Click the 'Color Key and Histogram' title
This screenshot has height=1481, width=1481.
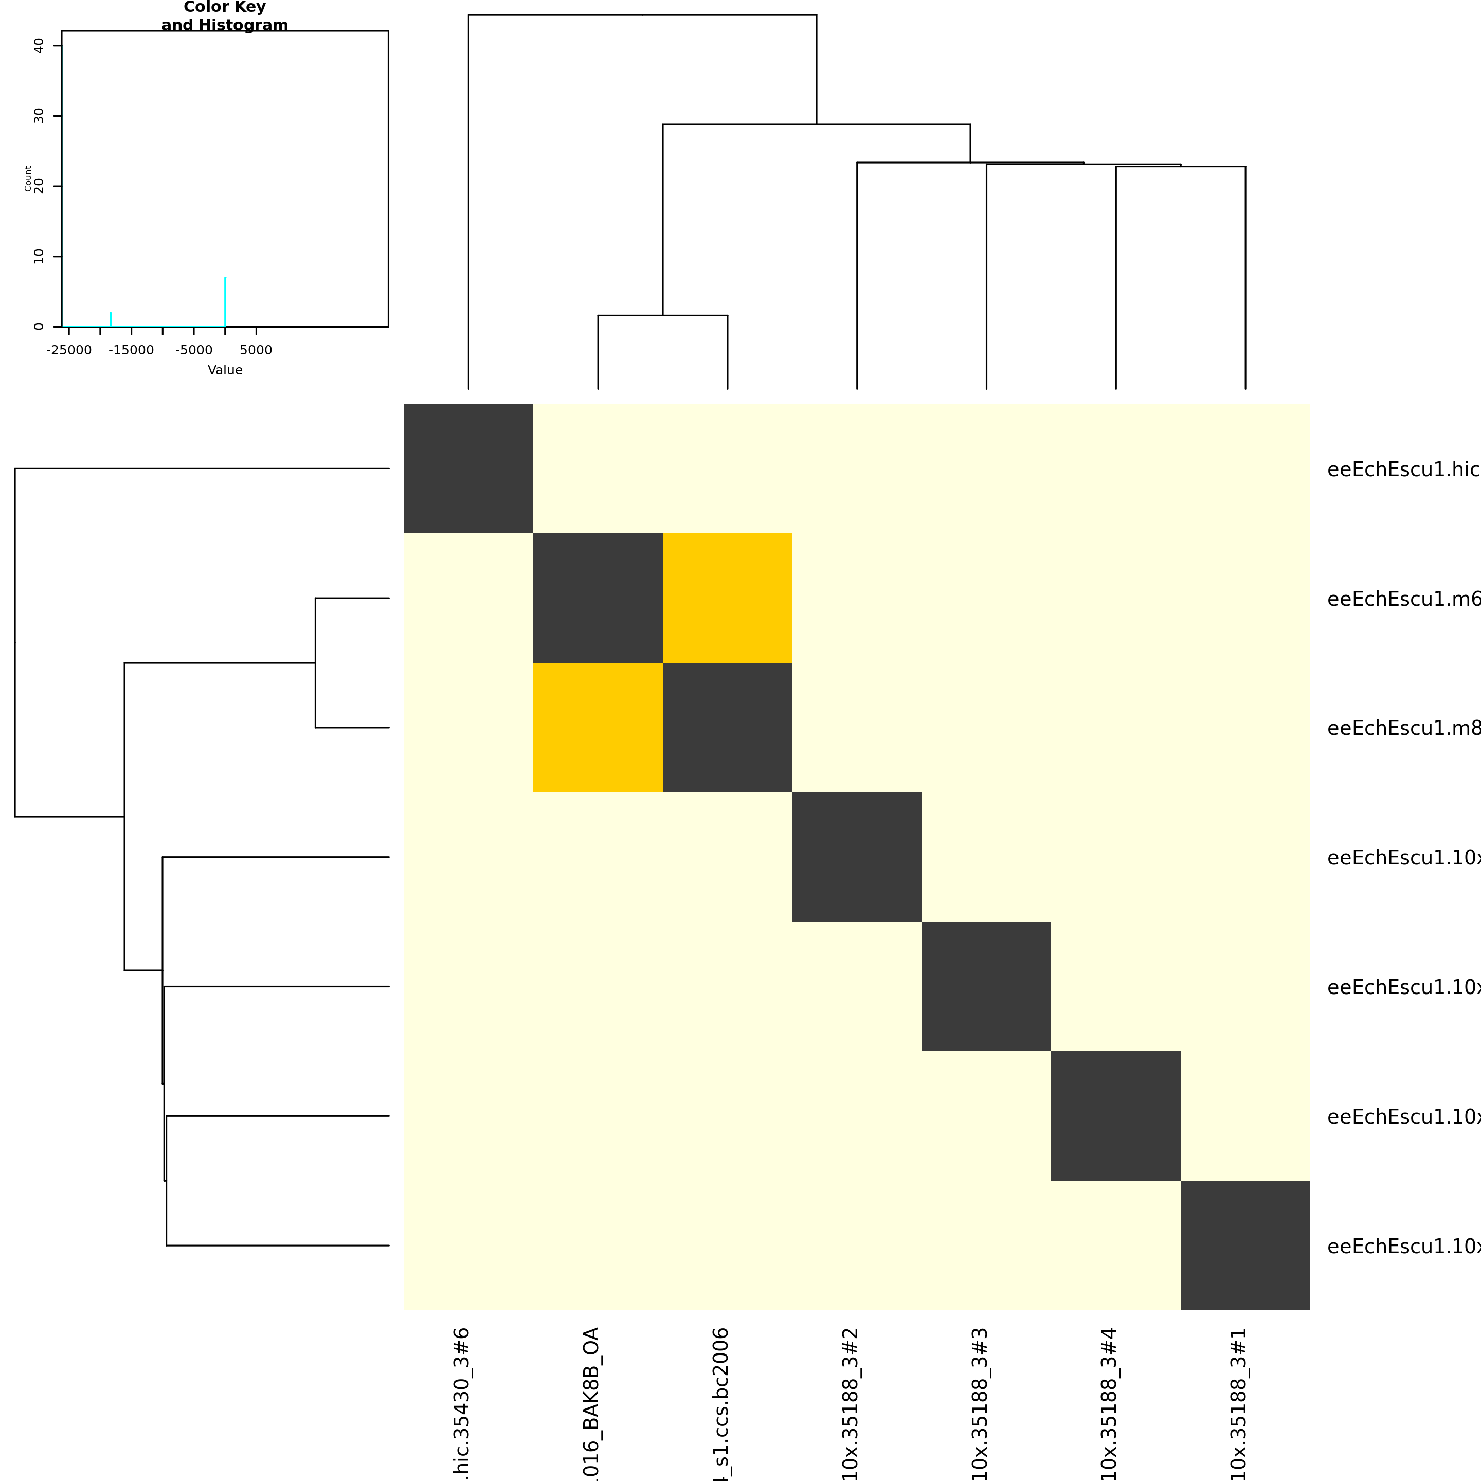pyautogui.click(x=225, y=16)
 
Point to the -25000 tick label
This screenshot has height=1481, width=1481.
pyautogui.click(x=69, y=350)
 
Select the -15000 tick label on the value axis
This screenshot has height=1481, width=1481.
pyautogui.click(x=131, y=350)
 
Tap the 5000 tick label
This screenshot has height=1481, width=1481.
pyautogui.click(x=256, y=350)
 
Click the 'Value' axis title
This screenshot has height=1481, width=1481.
pyautogui.click(x=225, y=370)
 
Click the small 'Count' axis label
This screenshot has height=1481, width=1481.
pyautogui.click(x=28, y=178)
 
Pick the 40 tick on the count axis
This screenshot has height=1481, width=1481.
pyautogui.click(x=39, y=46)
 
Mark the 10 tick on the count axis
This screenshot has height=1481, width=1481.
pyautogui.click(x=39, y=256)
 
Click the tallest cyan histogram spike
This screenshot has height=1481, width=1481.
pyautogui.click(x=225, y=300)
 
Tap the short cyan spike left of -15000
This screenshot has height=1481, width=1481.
pyautogui.click(x=111, y=318)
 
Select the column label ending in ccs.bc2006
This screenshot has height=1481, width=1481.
pyautogui.click(x=720, y=1403)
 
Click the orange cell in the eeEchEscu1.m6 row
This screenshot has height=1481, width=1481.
pyautogui.click(x=727, y=598)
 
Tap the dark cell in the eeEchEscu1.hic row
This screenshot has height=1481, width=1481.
pyautogui.click(x=468, y=468)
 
